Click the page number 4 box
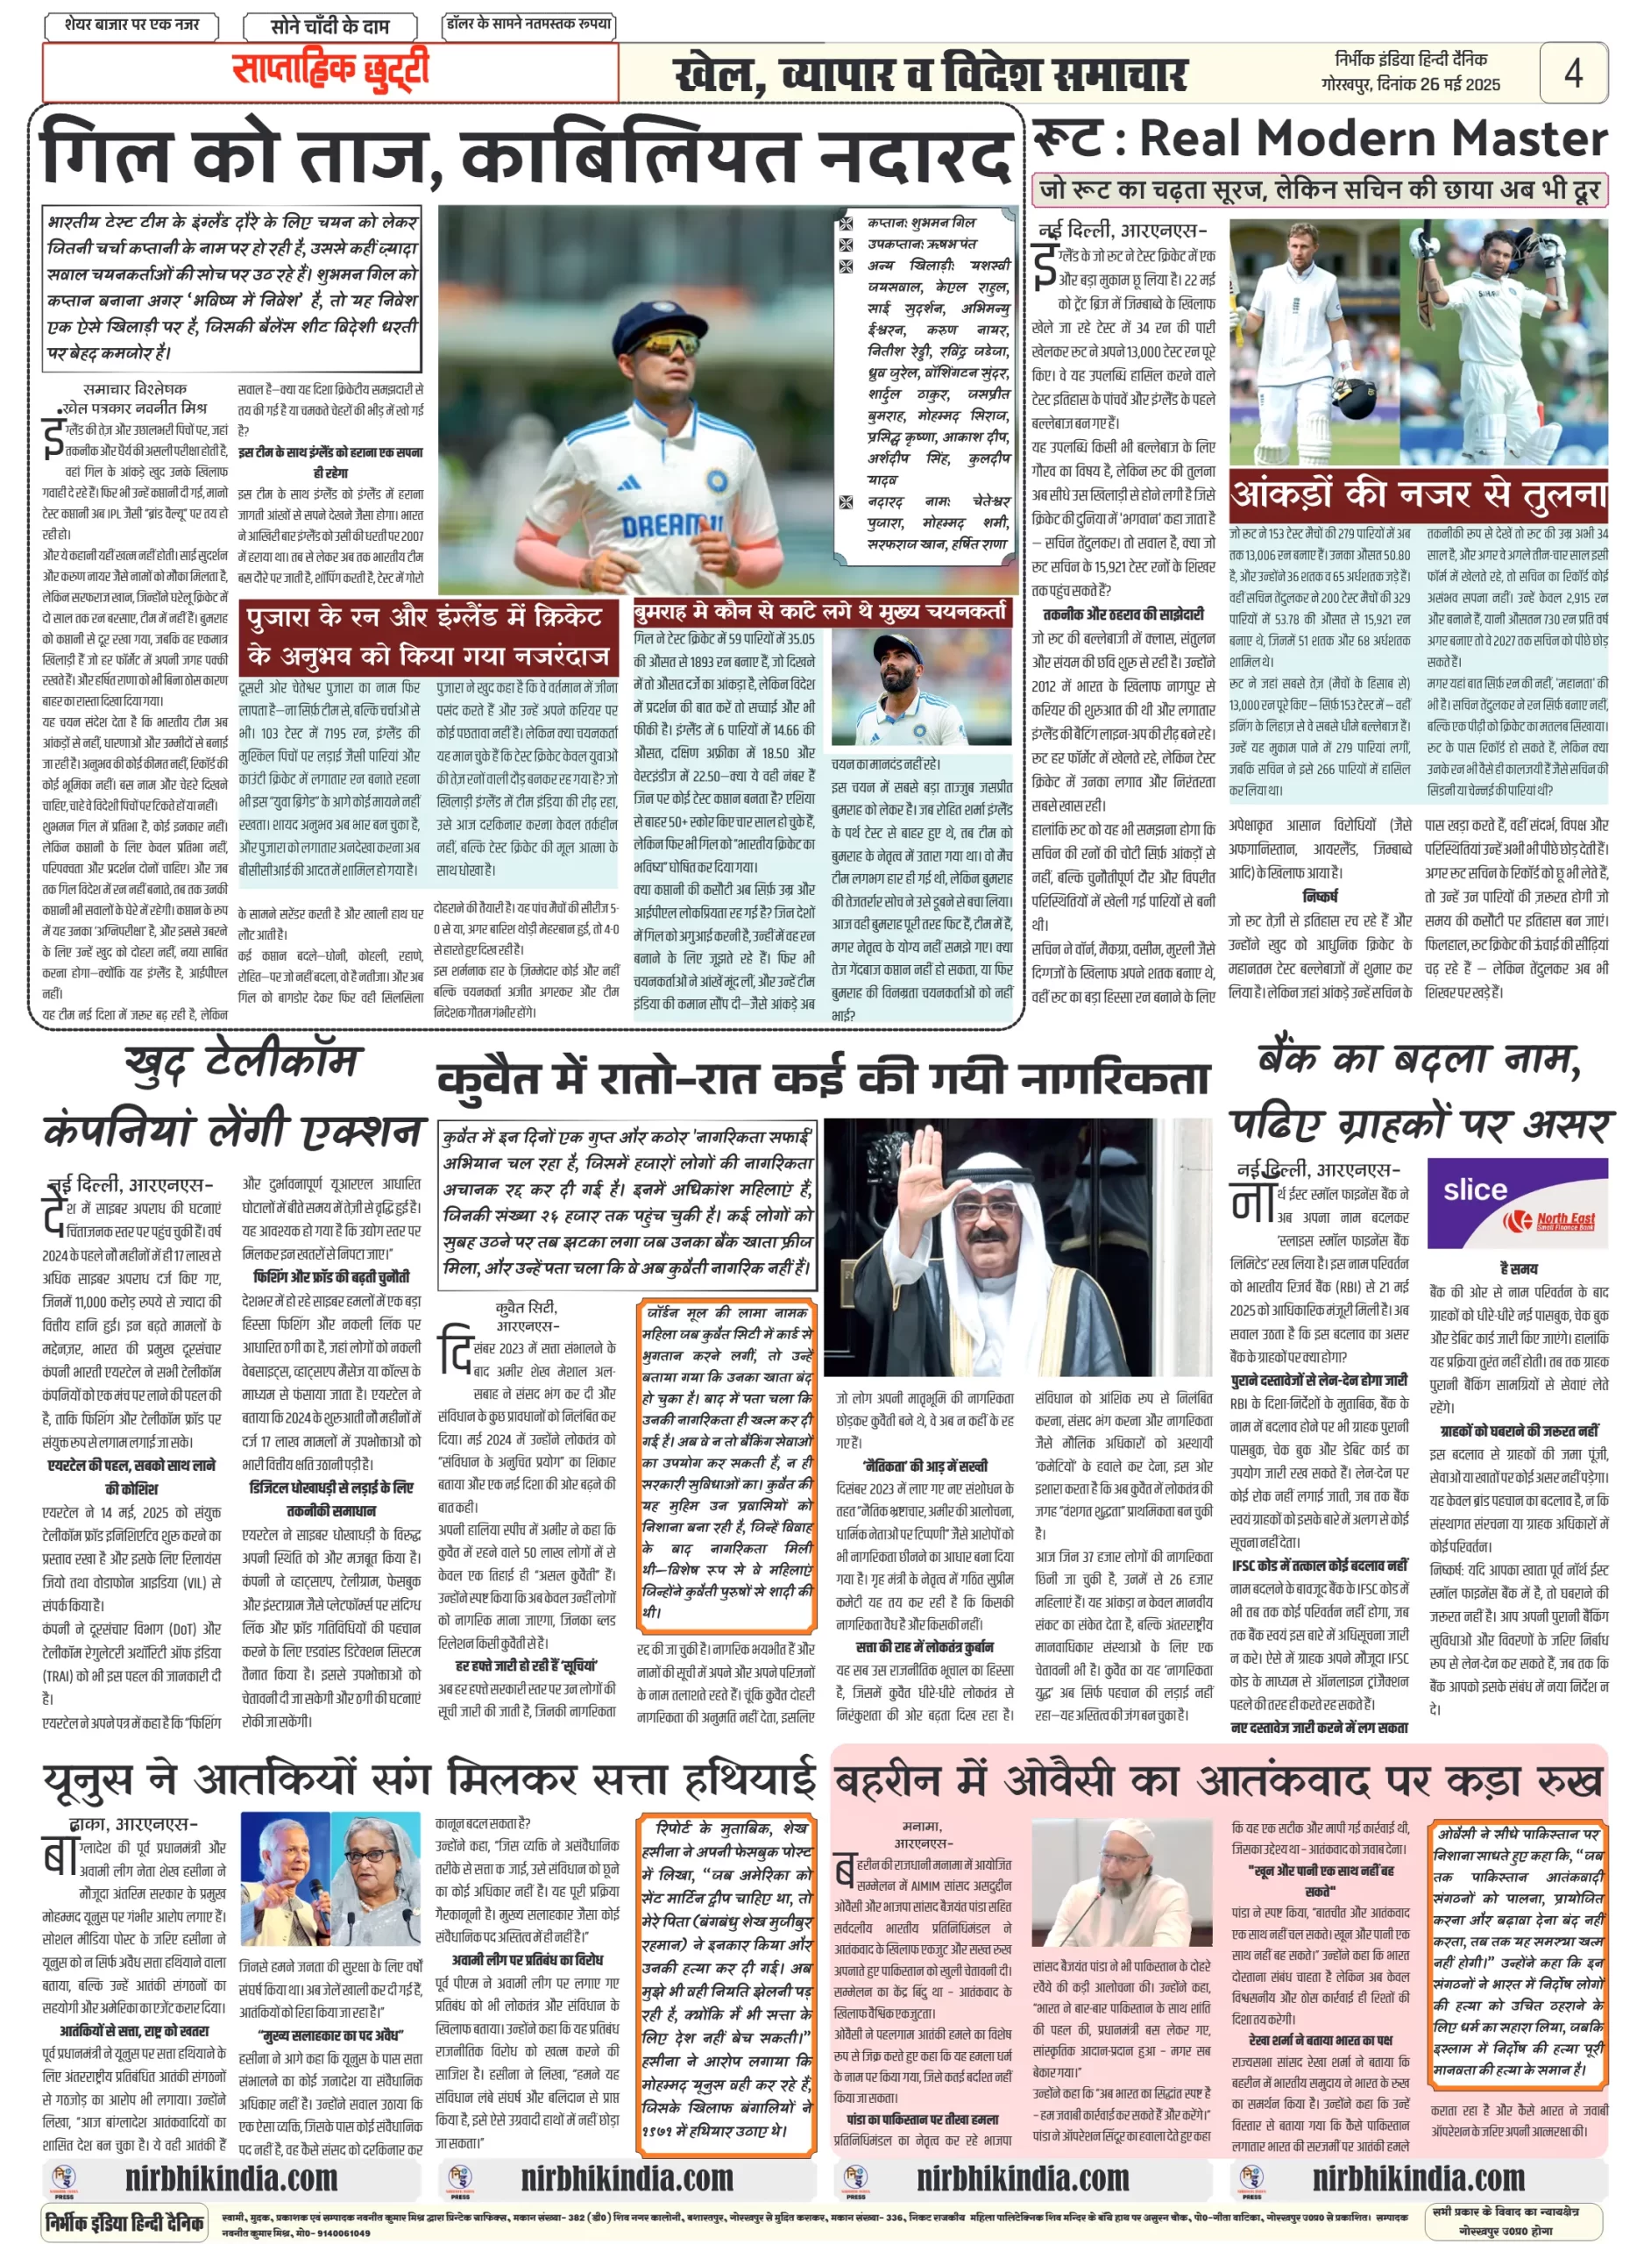click(x=1572, y=72)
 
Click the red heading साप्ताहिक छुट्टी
click(x=329, y=70)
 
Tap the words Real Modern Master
click(x=1373, y=138)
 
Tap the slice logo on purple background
click(x=1475, y=1189)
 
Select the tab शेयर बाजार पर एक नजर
click(x=132, y=24)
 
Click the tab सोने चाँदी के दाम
click(x=329, y=26)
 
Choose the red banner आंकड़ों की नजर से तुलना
click(x=1418, y=494)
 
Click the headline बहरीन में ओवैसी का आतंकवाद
click(x=1218, y=1780)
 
